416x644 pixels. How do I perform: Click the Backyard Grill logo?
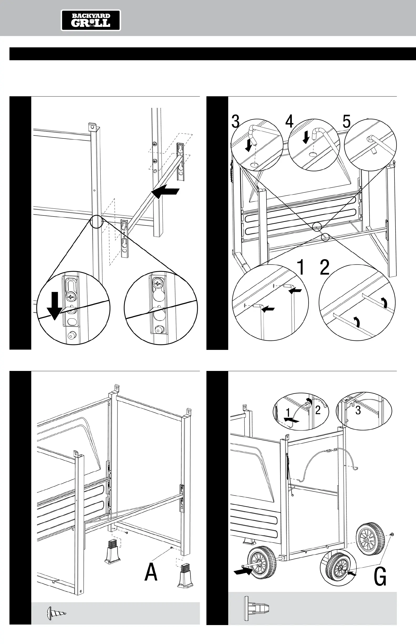[91, 20]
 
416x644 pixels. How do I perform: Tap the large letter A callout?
[151, 572]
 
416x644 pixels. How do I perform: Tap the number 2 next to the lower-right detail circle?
[325, 267]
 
